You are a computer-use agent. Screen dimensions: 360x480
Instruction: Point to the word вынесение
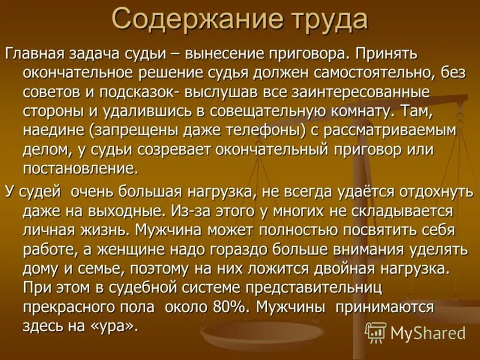pyautogui.click(x=220, y=53)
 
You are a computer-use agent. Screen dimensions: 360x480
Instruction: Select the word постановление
pyautogui.click(x=81, y=168)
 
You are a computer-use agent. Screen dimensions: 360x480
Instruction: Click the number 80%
pyautogui.click(x=227, y=307)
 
